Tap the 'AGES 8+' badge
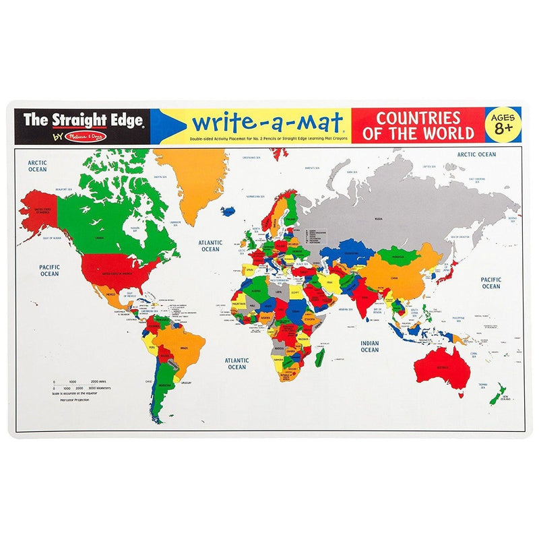point(503,124)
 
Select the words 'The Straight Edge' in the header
point(83,121)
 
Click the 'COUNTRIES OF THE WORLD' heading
point(418,125)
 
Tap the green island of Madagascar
point(320,357)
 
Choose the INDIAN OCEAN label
point(369,346)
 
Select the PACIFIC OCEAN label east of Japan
point(490,282)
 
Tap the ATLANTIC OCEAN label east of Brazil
point(236,363)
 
